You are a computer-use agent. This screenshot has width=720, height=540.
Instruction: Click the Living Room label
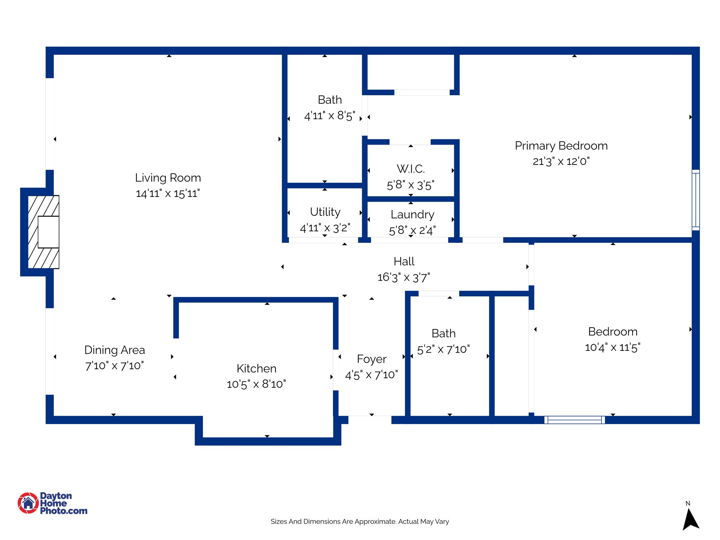tap(168, 178)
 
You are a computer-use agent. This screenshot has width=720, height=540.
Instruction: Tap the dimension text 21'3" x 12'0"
tap(561, 161)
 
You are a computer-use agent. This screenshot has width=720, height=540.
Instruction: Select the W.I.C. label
tap(411, 169)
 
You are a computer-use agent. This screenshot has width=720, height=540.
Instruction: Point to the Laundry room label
tap(412, 214)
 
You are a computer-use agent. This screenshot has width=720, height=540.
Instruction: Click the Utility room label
tap(325, 212)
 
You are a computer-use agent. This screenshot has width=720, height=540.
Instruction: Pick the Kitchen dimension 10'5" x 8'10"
tap(256, 384)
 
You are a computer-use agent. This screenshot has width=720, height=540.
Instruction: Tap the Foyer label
tap(372, 359)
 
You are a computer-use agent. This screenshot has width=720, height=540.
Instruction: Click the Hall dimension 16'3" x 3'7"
tap(404, 277)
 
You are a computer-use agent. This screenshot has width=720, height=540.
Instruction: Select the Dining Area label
tap(115, 350)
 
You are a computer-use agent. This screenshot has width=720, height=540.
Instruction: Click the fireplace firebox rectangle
tap(49, 232)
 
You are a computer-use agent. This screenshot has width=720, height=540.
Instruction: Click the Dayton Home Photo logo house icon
tap(28, 503)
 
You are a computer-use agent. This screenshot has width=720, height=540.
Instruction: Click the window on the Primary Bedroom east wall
tap(696, 200)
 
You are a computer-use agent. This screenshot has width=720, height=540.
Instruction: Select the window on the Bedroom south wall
tap(574, 420)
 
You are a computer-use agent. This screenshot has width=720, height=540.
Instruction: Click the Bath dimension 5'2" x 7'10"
tap(443, 349)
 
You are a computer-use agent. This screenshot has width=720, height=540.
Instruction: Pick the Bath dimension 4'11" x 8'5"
tap(329, 116)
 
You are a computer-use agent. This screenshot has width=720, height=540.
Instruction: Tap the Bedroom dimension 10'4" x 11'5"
tap(612, 348)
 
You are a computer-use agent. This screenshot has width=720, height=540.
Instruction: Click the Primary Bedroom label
tap(561, 146)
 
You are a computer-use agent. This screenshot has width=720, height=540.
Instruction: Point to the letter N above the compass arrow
tap(688, 503)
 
